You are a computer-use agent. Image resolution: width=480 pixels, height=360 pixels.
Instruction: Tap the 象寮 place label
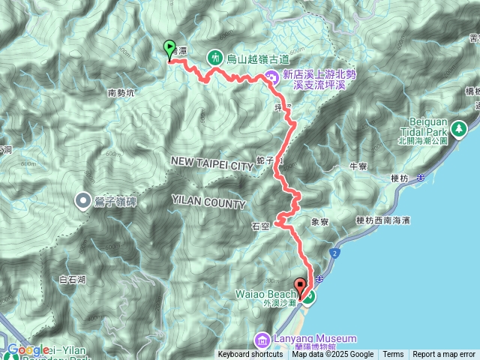point(320,222)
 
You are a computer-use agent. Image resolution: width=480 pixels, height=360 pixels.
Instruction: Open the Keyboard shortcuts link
point(251,355)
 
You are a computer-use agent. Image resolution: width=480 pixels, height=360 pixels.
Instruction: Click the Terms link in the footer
point(393,355)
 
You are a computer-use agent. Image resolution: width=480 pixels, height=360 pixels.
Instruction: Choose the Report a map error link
point(444,355)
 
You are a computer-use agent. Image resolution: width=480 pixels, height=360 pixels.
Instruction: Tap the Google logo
point(29,349)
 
